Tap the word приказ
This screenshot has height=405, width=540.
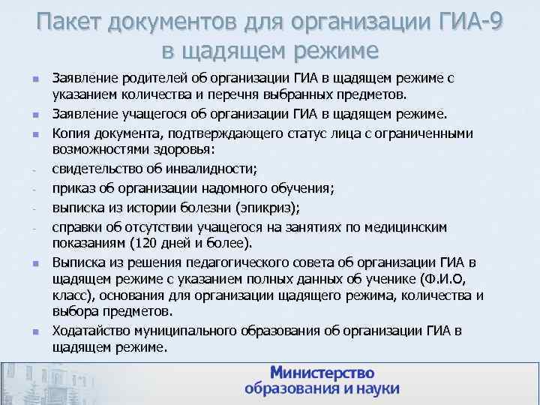tap(73, 188)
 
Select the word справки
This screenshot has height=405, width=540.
tap(76, 225)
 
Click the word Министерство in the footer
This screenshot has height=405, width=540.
tap(322, 373)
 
